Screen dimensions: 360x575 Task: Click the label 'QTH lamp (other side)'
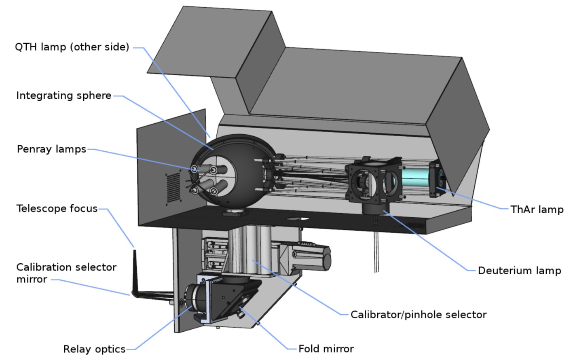pyautogui.click(x=72, y=47)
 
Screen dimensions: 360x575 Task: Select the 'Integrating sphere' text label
pyautogui.click(x=63, y=95)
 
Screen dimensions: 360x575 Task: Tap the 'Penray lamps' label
pyautogui.click(x=51, y=149)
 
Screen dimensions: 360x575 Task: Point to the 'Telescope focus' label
pyautogui.click(x=57, y=209)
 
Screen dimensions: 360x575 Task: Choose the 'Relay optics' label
pyautogui.click(x=94, y=349)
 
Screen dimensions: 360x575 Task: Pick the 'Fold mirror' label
pyautogui.click(x=326, y=349)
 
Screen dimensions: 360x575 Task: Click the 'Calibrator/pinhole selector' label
pyautogui.click(x=418, y=315)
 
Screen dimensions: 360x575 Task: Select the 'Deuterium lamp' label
pyautogui.click(x=519, y=271)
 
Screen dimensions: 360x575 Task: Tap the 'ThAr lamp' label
pyautogui.click(x=537, y=210)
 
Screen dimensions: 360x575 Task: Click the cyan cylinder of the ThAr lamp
pyautogui.click(x=415, y=178)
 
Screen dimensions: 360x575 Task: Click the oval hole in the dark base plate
pyautogui.click(x=298, y=219)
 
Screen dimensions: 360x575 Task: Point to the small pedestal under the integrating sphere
pyautogui.click(x=234, y=213)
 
